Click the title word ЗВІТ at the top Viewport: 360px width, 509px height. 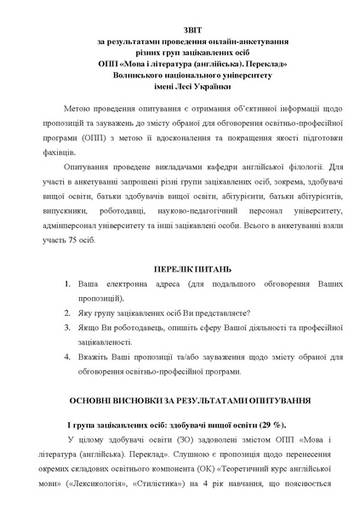coord(180,26)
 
